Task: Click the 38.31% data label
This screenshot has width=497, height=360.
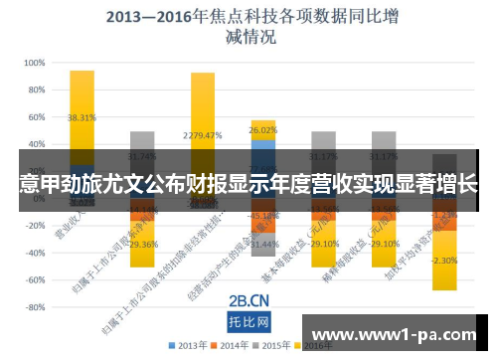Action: [83, 116]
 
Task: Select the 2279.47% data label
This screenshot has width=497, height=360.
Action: [203, 135]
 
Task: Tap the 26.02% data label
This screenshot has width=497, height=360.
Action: [263, 130]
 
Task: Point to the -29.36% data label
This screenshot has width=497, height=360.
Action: [142, 244]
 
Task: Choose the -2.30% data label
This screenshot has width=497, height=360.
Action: [444, 261]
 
